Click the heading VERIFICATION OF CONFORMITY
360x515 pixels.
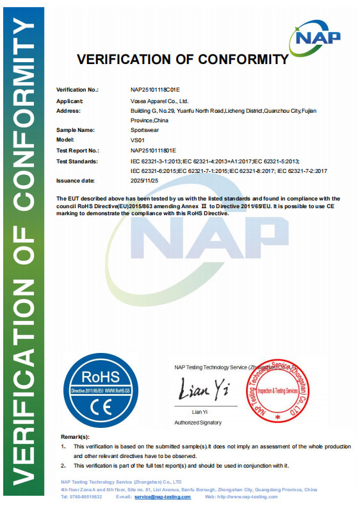[x=183, y=60]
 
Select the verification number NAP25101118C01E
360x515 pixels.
[x=156, y=90]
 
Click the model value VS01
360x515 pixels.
[x=138, y=140]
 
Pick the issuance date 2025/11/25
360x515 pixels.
[x=144, y=181]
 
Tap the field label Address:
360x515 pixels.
[x=68, y=111]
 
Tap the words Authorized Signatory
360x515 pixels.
[x=198, y=423]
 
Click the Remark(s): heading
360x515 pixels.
[x=75, y=436]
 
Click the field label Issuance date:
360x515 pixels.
[x=76, y=181]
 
